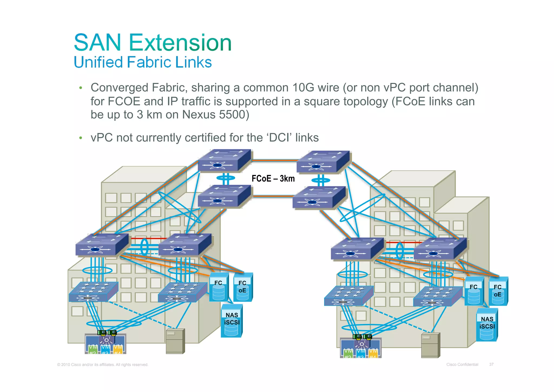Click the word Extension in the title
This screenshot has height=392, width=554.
pyautogui.click(x=180, y=43)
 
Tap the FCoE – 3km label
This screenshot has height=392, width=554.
pyautogui.click(x=273, y=179)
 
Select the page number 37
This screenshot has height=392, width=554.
pyautogui.click(x=491, y=364)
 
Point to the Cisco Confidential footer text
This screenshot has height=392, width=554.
pyautogui.click(x=462, y=364)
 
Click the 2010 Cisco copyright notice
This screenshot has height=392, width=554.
pyautogui.click(x=103, y=365)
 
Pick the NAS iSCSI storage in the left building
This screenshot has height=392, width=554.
pyautogui.click(x=232, y=321)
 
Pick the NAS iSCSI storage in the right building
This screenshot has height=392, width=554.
pyautogui.click(x=487, y=325)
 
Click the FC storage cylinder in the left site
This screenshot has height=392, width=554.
pyautogui.click(x=218, y=287)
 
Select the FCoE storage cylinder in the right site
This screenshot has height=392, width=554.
pyautogui.click(x=498, y=291)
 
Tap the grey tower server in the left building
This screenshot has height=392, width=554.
pyautogui.click(x=175, y=341)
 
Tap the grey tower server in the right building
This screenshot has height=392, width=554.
pyautogui.click(x=430, y=345)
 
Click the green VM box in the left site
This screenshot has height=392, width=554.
pyautogui.click(x=93, y=349)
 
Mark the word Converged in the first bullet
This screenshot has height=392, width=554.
pyautogui.click(x=119, y=88)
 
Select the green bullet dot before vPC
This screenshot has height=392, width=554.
pyautogui.click(x=80, y=138)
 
